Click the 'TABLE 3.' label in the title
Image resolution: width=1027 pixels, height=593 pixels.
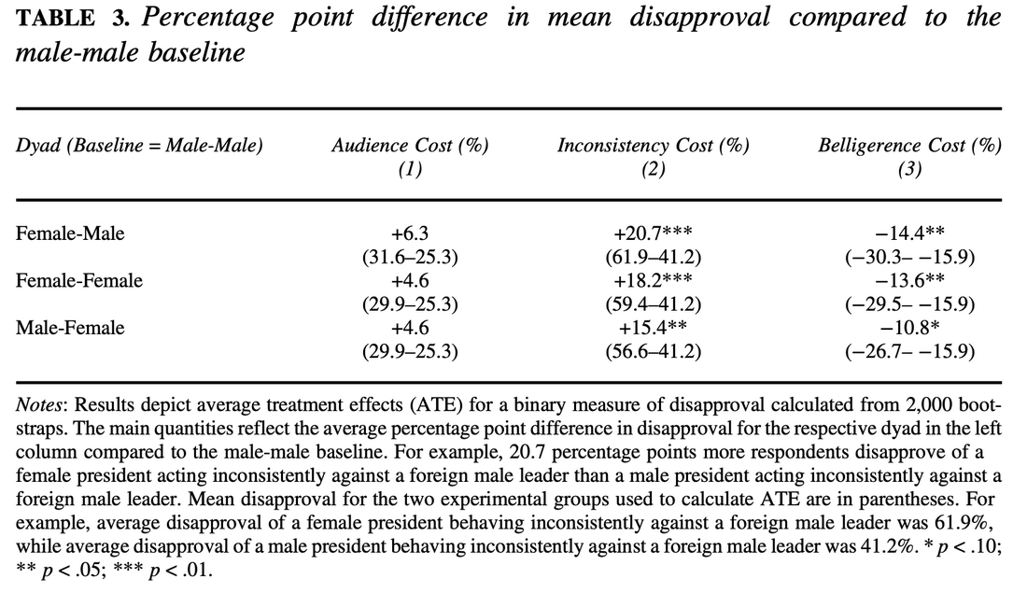(x=73, y=18)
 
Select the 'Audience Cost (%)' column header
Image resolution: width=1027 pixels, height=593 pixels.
(x=410, y=146)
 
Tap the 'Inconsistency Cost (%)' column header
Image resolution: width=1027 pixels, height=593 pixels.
(x=653, y=146)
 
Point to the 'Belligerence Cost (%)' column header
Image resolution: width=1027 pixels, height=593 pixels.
(x=909, y=146)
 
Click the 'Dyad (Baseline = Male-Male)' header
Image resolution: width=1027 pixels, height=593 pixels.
(x=139, y=146)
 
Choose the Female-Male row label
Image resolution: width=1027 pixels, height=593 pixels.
(x=70, y=233)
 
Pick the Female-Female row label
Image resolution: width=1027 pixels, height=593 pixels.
(x=79, y=280)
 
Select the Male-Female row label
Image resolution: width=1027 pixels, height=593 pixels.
(x=70, y=328)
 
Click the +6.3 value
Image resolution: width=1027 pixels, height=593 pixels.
(x=410, y=233)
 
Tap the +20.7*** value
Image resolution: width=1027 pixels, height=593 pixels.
(x=653, y=233)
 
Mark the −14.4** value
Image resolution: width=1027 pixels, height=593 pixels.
(x=909, y=233)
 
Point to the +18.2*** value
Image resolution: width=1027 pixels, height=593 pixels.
(x=653, y=280)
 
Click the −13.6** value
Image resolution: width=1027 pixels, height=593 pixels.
(x=909, y=280)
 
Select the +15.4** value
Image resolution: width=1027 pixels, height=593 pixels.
(x=653, y=328)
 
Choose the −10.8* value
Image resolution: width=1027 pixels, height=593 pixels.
(x=909, y=328)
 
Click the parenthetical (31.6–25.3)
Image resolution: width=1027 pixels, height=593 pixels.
(x=410, y=257)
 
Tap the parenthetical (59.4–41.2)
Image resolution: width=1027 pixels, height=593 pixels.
(x=653, y=304)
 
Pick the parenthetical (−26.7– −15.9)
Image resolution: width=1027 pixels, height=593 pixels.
(x=909, y=351)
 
